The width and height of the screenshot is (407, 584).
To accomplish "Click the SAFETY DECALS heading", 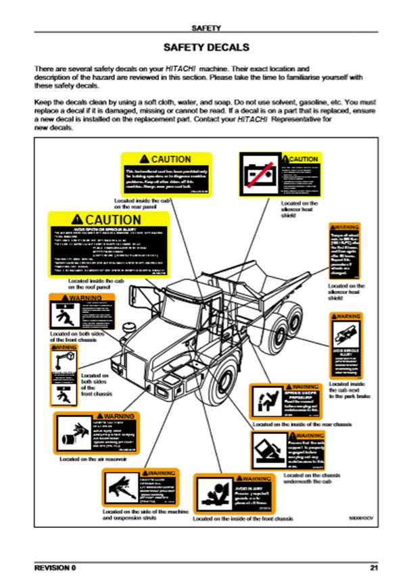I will (206, 48).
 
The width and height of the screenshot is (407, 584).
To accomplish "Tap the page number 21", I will (373, 566).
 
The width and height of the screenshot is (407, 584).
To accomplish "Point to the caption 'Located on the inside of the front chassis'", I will (243, 518).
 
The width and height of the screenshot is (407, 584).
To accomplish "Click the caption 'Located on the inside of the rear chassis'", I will (302, 424).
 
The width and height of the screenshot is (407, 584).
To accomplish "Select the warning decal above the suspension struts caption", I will (141, 486).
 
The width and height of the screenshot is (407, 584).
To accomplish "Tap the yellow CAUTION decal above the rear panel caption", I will (166, 174).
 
